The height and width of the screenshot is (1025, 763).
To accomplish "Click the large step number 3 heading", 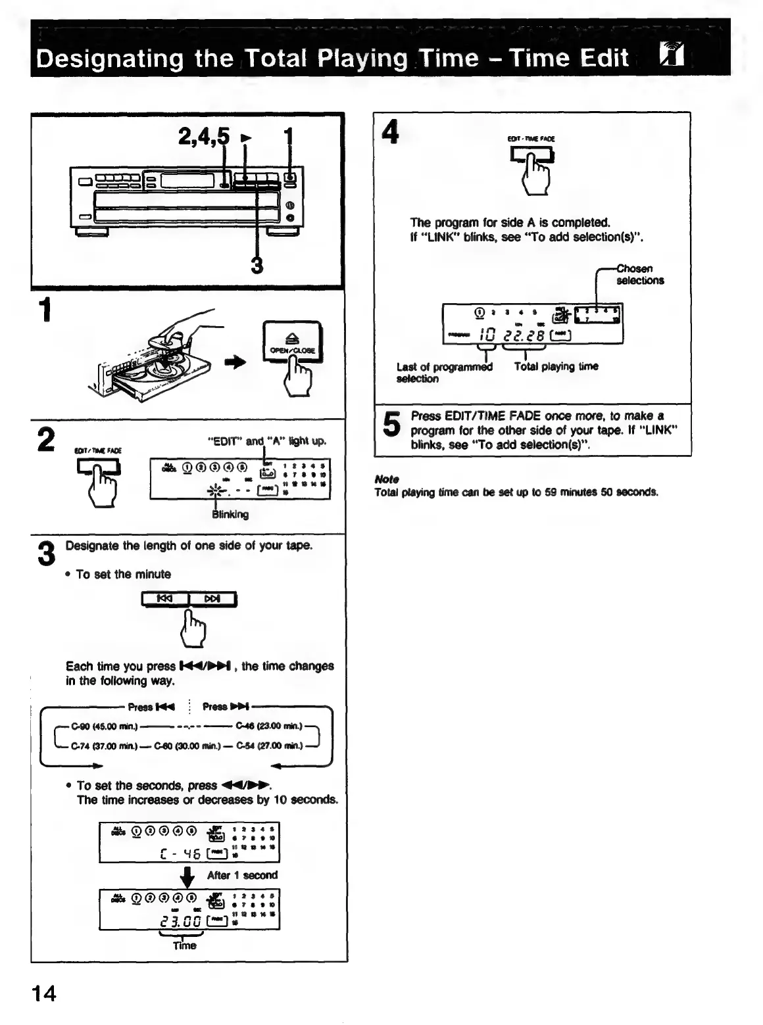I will (x=45, y=553).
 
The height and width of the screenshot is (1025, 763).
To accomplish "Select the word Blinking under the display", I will (x=230, y=515).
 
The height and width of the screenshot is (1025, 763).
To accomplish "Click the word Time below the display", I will (x=184, y=945).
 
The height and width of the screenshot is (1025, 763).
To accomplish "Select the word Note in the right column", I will (x=386, y=479).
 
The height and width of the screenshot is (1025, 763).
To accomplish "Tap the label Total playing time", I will (x=556, y=367).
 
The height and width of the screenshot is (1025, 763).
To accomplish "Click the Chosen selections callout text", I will (x=639, y=275).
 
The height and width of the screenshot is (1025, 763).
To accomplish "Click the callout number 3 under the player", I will (x=257, y=266).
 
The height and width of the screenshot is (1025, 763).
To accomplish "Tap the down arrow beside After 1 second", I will (x=189, y=876).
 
